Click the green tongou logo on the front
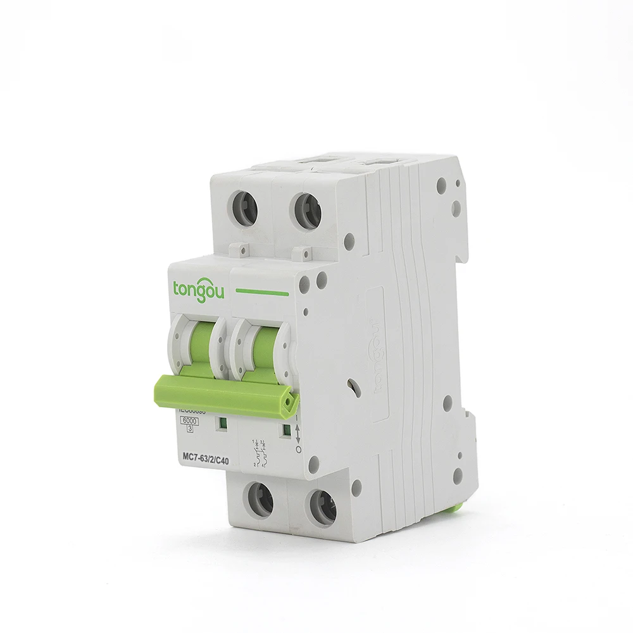point(197,288)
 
